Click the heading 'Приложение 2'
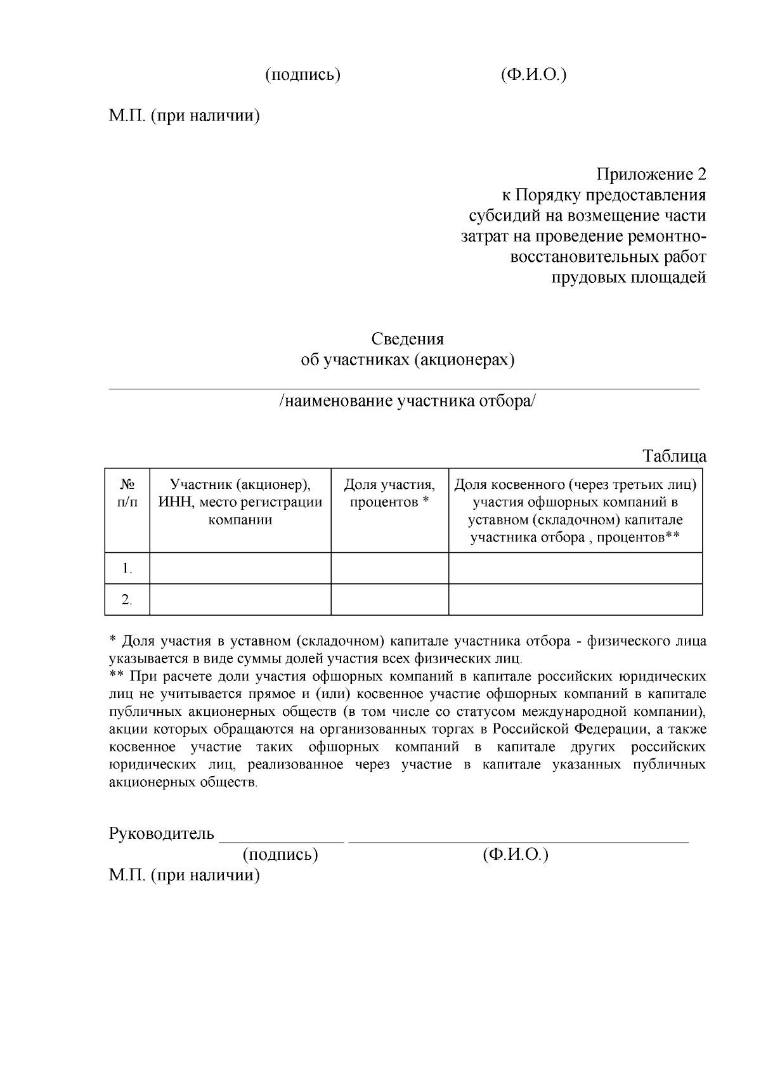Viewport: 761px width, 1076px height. click(651, 174)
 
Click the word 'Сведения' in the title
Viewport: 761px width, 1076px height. click(407, 339)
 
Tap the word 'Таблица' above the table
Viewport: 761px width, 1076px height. click(674, 456)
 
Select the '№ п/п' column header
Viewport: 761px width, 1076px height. click(127, 493)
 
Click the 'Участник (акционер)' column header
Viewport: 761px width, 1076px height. click(240, 502)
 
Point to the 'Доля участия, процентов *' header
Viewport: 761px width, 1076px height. click(389, 493)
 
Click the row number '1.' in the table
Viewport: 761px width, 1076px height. click(127, 568)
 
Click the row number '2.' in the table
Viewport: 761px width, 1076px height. click(127, 599)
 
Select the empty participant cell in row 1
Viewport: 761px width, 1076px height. click(240, 568)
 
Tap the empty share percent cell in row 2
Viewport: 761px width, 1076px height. click(389, 599)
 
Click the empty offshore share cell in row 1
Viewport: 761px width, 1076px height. click(575, 568)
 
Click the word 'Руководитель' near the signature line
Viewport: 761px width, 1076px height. click(161, 833)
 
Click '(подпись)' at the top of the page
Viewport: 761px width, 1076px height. click(302, 75)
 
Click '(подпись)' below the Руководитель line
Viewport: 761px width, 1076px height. click(280, 855)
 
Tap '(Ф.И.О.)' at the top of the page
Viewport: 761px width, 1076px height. click(533, 75)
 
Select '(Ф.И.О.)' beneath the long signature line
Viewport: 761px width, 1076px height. click(515, 855)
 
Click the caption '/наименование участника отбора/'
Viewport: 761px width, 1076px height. click(407, 401)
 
